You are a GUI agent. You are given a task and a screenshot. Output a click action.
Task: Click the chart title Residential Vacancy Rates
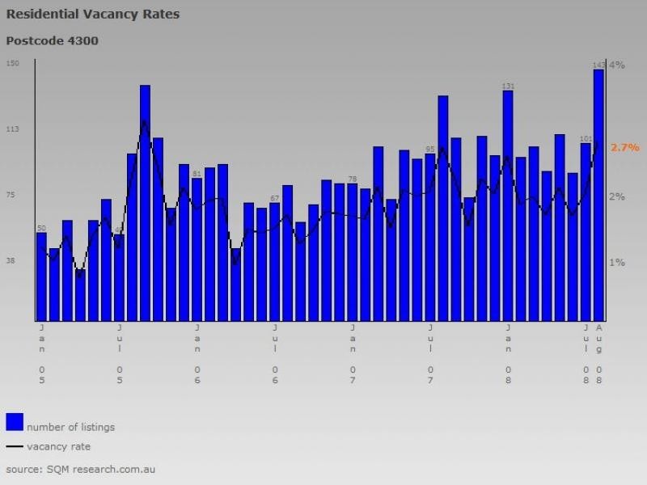[93, 14]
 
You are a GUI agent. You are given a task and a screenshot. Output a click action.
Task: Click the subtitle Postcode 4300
[53, 40]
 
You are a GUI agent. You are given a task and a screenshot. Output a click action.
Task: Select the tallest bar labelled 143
[598, 194]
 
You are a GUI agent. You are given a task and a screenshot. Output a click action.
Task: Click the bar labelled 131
[508, 206]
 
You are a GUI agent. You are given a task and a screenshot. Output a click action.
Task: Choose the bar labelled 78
[352, 251]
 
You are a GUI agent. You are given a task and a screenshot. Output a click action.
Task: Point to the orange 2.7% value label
[624, 148]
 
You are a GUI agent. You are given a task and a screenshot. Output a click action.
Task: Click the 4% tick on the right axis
[616, 65]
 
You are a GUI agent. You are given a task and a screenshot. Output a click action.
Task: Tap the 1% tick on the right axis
[616, 262]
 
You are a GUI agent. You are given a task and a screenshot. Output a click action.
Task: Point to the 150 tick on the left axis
[12, 63]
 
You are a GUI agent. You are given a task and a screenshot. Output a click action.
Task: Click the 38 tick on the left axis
[12, 260]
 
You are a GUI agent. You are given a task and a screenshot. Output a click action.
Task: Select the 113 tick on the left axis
[12, 129]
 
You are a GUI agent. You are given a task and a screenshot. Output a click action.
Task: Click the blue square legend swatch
[15, 422]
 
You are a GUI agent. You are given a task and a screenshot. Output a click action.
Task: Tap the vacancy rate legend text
[58, 446]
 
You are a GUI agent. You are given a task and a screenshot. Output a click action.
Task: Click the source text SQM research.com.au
[80, 469]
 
